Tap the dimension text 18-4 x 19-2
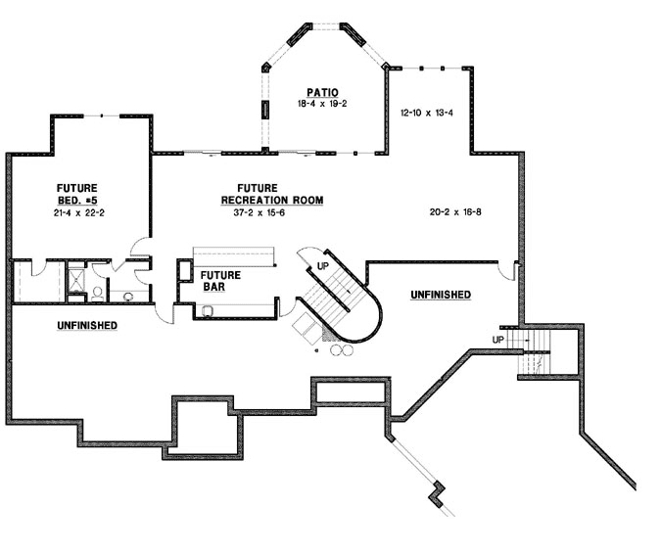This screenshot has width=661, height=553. [322, 103]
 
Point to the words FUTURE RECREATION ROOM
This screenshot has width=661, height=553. [271, 194]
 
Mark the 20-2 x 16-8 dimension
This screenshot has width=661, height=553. [455, 211]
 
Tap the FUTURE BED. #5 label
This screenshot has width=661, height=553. [76, 192]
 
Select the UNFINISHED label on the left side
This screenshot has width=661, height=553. [87, 325]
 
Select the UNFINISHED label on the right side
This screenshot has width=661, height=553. [440, 295]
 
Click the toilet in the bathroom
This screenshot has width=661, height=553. [128, 294]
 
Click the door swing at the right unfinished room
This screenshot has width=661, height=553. [508, 270]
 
